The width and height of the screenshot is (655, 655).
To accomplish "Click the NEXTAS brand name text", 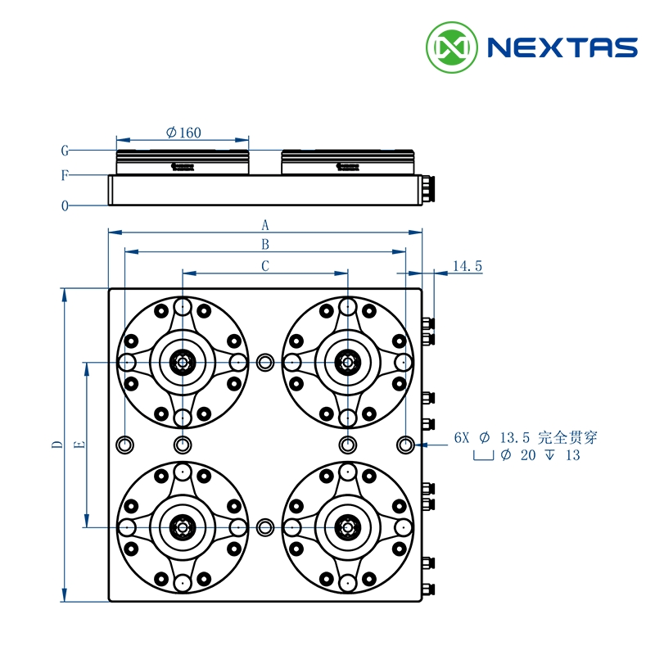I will point(562,47).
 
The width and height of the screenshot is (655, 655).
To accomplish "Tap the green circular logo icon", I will point(452,47).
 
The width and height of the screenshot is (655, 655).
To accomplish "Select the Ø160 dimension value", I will point(183,133).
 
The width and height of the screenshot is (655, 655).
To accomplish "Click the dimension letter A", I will point(264,224).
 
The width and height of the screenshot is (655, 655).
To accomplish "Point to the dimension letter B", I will point(264,244).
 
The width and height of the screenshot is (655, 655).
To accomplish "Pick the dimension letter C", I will point(264,266).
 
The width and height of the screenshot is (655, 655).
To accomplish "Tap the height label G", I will point(64,151).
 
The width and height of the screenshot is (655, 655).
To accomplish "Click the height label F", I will point(64,175).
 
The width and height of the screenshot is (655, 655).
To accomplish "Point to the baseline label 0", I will point(64,206).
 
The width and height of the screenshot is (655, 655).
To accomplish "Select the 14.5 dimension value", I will point(467,266).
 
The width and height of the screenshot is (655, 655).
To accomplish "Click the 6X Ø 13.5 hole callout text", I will point(526,437).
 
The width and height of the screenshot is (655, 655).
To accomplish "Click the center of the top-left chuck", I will point(182,362).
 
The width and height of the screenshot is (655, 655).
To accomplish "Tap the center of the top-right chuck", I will point(347,362).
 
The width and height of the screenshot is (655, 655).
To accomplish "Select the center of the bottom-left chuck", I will point(182,526).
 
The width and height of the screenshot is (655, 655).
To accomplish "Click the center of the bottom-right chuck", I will point(347,526).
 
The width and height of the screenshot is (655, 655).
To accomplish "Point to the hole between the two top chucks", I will point(264,362).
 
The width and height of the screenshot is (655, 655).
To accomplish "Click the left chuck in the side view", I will point(182,162).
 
